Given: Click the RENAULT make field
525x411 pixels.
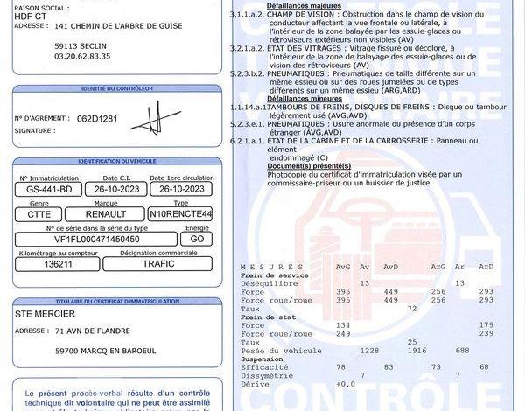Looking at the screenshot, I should click(105, 213).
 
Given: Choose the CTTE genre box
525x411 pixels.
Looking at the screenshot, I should click(39, 213).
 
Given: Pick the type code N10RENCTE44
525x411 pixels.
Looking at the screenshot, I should click(181, 213).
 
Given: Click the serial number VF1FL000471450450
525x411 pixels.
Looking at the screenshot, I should click(92, 238).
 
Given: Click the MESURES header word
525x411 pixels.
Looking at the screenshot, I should click(260, 266).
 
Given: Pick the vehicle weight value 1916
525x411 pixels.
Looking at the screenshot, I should click(391, 349).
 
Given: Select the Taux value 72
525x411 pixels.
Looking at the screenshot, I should click(412, 308).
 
